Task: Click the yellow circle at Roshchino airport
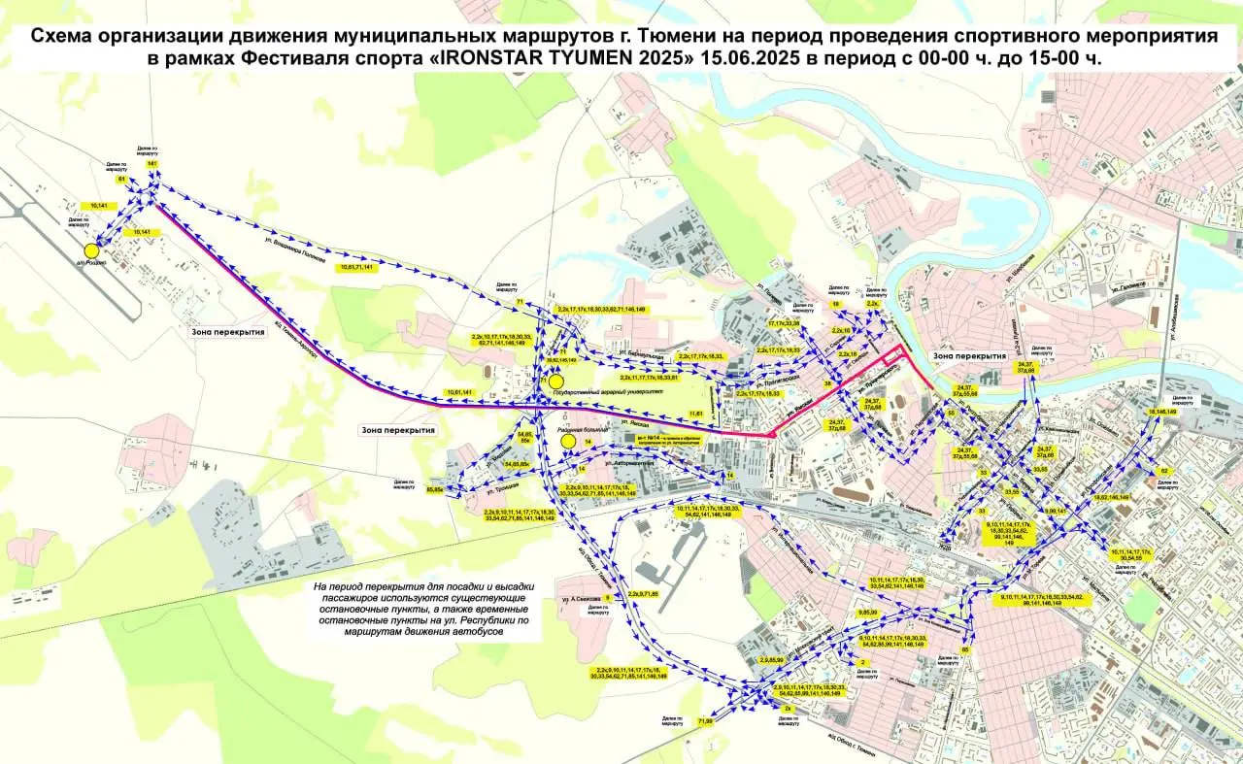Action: (91, 250)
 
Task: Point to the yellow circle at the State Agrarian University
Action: (555, 382)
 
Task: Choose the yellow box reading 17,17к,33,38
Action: (784, 322)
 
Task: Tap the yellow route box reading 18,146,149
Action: (1161, 412)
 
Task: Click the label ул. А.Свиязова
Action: (579, 599)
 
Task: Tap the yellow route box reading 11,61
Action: (695, 414)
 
